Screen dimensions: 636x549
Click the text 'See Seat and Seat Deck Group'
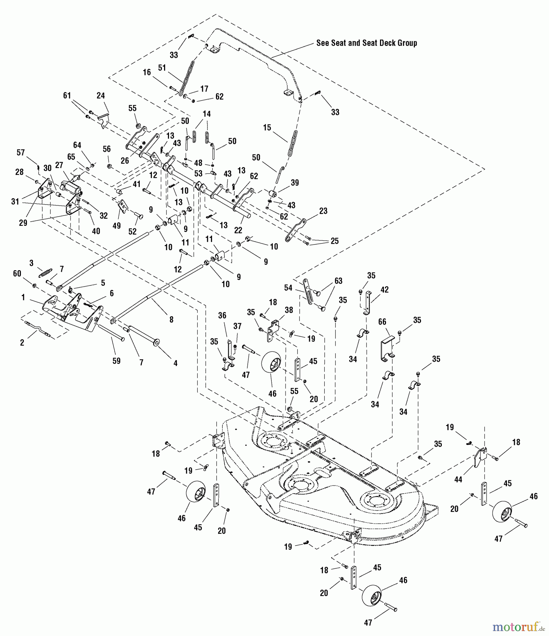point(366,43)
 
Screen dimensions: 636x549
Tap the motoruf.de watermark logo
point(518,627)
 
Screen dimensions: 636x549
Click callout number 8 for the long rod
point(171,319)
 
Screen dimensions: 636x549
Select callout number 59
point(116,361)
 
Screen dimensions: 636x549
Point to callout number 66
point(382,322)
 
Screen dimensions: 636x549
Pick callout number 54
point(288,288)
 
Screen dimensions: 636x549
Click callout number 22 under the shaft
point(238,230)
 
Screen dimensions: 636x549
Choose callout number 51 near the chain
point(162,68)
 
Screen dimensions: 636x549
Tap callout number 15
point(267,128)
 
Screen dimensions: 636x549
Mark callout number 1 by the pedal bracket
point(23,297)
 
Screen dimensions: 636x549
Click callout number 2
point(22,342)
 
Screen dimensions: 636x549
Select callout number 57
point(21,152)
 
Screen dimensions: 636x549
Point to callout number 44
point(458,479)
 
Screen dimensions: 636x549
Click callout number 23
point(323,211)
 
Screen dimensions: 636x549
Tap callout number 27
point(59,165)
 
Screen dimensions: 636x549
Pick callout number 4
point(175,363)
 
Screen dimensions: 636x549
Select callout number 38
point(289,310)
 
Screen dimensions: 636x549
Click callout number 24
point(101,95)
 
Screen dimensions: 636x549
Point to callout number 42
point(384,290)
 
